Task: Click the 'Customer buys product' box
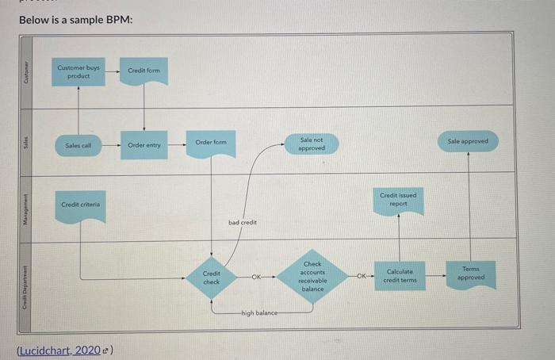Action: click(x=78, y=72)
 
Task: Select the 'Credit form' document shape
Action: click(x=144, y=71)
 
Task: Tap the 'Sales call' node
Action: click(x=78, y=145)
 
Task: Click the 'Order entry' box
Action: click(x=144, y=145)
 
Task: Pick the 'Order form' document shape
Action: click(x=211, y=143)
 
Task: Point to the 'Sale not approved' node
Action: click(x=311, y=144)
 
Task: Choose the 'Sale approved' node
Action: click(x=468, y=141)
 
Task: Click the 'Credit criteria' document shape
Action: click(x=78, y=205)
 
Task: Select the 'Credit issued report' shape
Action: click(x=398, y=200)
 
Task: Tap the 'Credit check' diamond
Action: click(x=211, y=277)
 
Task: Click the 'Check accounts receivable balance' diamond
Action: click(x=312, y=277)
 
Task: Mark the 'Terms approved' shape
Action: click(x=471, y=273)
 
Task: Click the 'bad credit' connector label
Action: click(x=243, y=223)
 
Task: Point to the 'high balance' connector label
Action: click(x=261, y=313)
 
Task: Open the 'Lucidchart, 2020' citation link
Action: click(x=63, y=350)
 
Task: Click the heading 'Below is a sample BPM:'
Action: click(x=76, y=18)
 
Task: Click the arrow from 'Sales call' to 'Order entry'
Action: click(x=112, y=145)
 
